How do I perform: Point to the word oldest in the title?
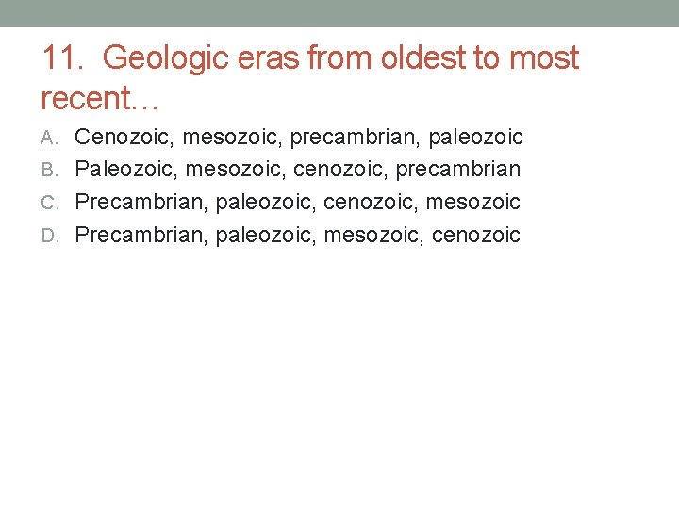(421, 58)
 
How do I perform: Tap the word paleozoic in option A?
(476, 138)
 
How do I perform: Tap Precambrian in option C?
(141, 202)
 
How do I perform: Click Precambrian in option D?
(141, 234)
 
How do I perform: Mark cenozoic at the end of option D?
(475, 234)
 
